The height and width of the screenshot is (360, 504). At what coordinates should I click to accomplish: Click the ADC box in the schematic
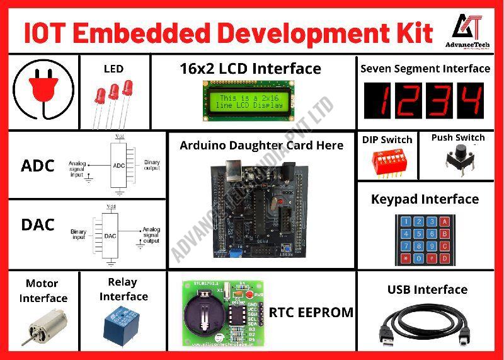118,166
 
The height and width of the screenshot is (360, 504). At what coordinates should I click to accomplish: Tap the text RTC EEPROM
311,312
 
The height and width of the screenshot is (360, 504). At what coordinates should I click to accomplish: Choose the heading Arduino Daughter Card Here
261,146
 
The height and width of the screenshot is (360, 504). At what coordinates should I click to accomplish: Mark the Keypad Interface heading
425,199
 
